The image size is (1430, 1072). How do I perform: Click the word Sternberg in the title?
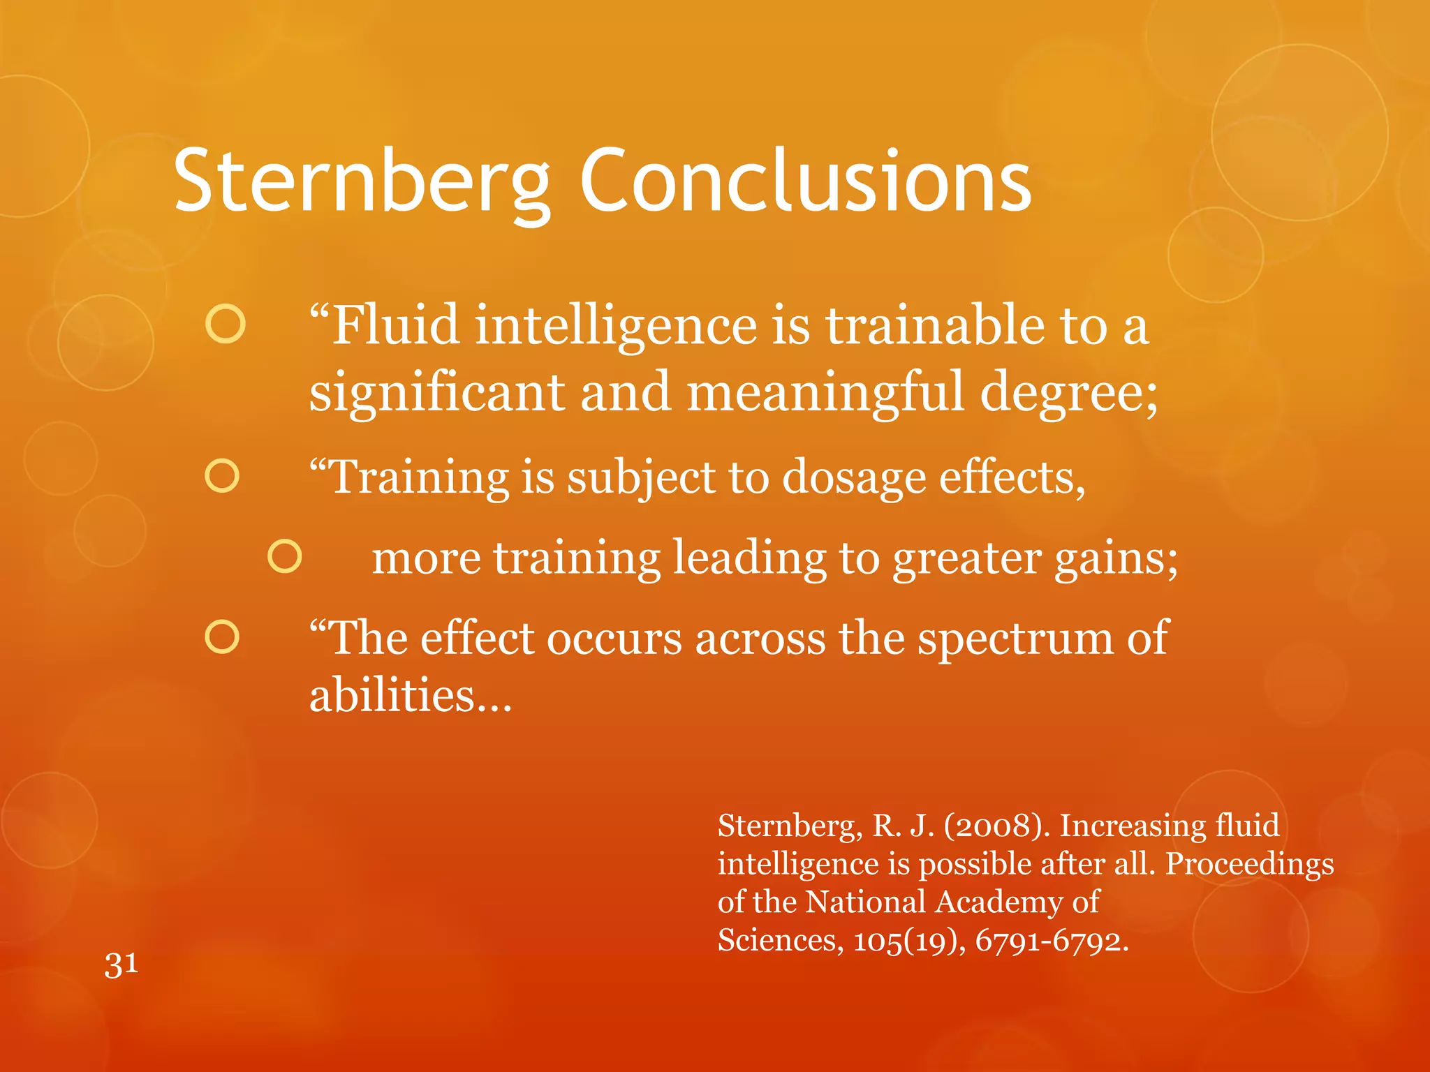(x=362, y=181)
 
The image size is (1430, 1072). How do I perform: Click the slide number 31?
(x=121, y=965)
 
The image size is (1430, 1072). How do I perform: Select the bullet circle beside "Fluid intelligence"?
(x=226, y=324)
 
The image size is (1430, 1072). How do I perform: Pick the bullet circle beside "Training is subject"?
(x=223, y=476)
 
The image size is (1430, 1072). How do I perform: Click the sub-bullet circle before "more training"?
(x=285, y=556)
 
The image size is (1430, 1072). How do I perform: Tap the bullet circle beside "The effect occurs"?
(x=223, y=637)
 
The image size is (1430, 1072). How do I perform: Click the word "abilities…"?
(x=411, y=696)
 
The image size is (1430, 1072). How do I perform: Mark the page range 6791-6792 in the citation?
(x=1052, y=940)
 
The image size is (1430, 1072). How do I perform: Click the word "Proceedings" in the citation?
(x=1250, y=865)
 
